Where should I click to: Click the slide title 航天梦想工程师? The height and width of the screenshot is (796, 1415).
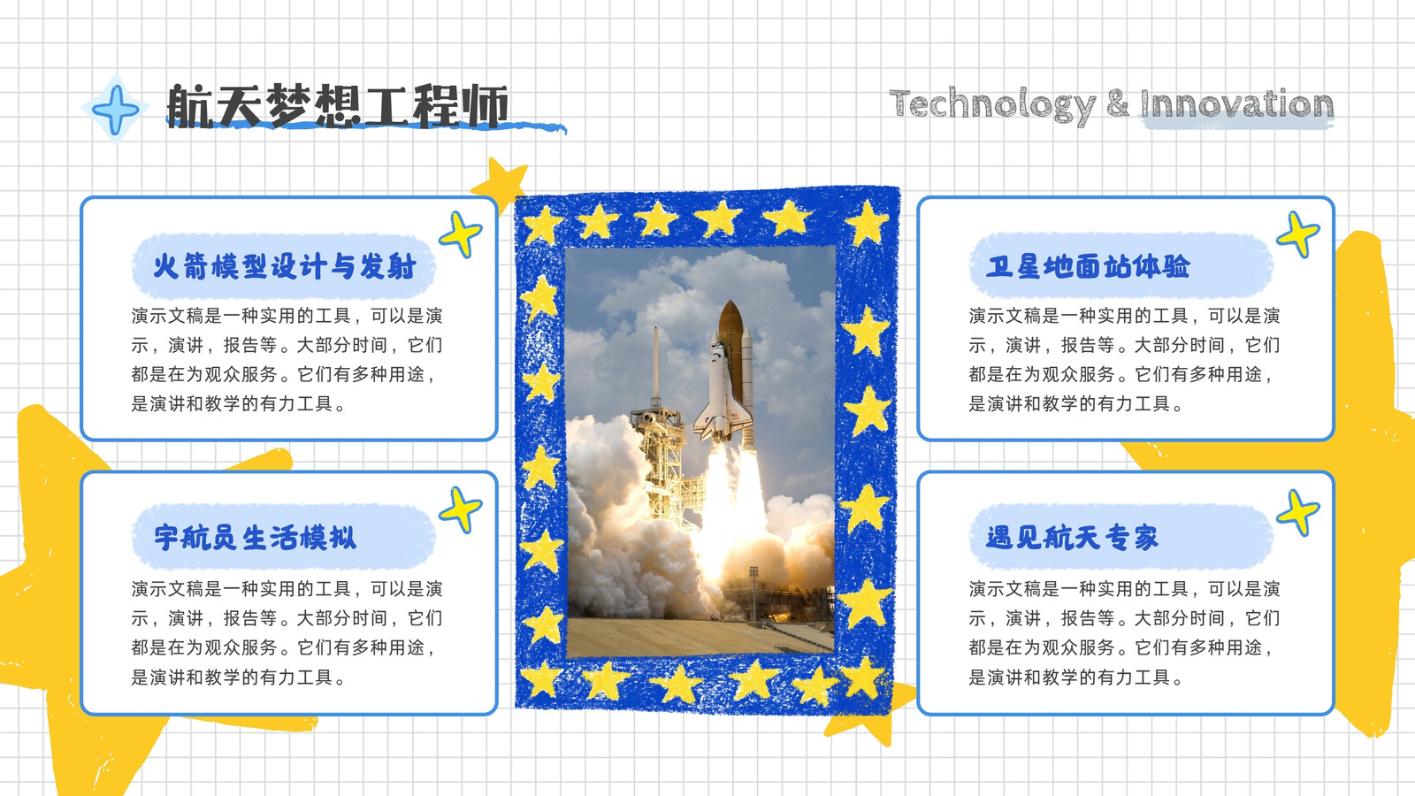coord(337,105)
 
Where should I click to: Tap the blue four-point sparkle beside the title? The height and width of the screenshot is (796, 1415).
coord(116,109)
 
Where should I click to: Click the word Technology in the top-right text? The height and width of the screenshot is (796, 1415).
coord(991,105)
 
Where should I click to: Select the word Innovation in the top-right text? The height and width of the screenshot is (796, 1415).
coord(1236,103)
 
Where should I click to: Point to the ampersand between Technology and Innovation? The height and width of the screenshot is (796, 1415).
coord(1118,103)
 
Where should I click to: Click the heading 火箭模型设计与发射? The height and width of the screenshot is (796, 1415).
coord(284,266)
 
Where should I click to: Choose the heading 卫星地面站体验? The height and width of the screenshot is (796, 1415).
coord(1088,266)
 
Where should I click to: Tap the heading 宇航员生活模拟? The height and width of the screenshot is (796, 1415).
coord(256,538)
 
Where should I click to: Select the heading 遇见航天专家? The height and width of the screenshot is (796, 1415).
coord(1072,538)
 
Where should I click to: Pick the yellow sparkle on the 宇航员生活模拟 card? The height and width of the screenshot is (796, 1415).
coord(461,509)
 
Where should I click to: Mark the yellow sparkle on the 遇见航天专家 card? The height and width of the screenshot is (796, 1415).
coord(1298,513)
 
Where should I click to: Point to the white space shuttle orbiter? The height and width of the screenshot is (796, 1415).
coord(722,392)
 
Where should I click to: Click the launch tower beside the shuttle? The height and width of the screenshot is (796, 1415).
coord(660,442)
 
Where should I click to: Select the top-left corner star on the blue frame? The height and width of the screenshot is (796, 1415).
coord(542,226)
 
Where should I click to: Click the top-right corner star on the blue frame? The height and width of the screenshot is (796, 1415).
coord(868,222)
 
